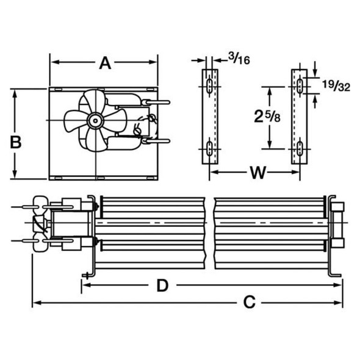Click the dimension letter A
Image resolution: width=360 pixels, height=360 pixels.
click(x=105, y=63)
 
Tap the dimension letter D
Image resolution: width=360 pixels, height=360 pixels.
click(x=162, y=286)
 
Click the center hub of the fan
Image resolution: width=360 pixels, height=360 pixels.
click(x=95, y=120)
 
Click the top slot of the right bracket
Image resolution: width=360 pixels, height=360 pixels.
click(x=300, y=85)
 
